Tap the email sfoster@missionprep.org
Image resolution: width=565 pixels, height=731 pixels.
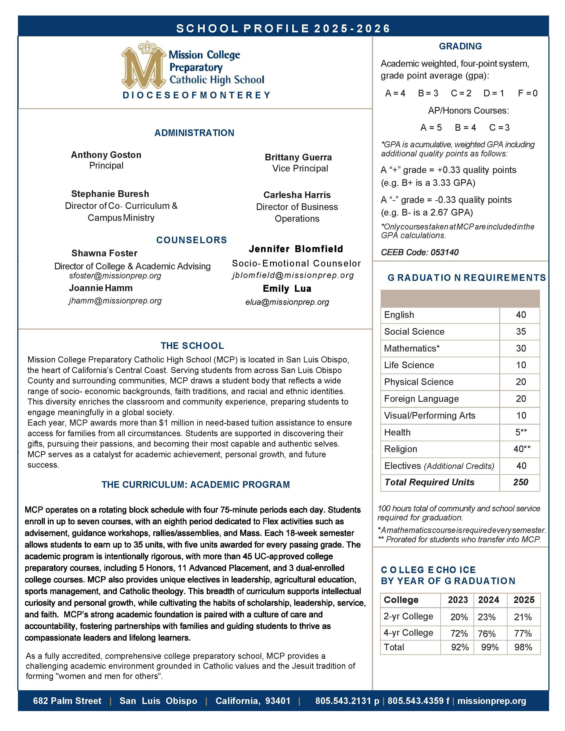pos(115,276)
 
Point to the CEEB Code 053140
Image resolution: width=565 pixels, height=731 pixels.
pos(420,252)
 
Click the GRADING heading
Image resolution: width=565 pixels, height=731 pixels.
pos(460,46)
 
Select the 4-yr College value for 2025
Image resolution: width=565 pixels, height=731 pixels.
pos(523,633)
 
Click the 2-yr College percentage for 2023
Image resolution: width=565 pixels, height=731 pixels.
pos(459,617)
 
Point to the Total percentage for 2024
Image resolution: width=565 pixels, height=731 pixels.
pos(490,647)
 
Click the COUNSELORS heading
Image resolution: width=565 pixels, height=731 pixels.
pos(191,240)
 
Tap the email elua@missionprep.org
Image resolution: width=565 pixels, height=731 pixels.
pos(287,302)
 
